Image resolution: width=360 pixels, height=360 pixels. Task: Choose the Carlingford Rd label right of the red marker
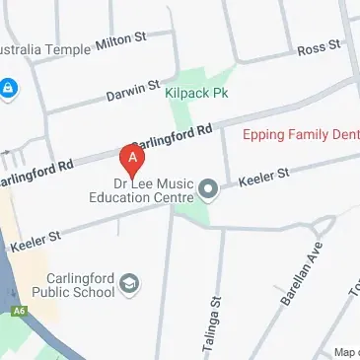coord(174,138)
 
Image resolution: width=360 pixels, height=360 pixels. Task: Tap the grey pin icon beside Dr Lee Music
coord(208,187)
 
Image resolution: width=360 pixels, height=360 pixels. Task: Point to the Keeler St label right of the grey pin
coord(264,178)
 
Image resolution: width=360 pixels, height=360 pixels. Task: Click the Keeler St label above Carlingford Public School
coord(35,238)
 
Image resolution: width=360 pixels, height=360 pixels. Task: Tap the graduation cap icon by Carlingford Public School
coord(129,286)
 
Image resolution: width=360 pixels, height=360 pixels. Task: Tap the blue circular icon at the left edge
coord(9,90)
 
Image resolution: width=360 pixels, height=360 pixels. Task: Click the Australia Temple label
coord(45,46)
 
